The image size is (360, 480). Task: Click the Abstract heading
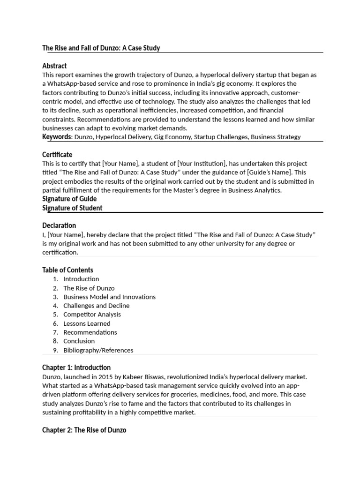point(54,66)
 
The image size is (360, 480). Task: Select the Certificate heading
point(57,155)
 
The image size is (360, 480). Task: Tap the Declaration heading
point(59,225)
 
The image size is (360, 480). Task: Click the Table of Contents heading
point(67,270)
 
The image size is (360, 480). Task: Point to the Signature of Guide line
point(69,199)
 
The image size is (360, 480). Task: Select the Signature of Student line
point(72,208)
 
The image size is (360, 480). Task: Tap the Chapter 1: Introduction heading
point(76,367)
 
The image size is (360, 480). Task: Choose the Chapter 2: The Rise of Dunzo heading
point(84,430)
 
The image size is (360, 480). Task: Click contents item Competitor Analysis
point(92,315)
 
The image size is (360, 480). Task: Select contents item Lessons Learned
point(87,323)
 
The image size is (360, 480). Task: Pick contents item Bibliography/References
point(98,350)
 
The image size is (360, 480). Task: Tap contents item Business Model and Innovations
point(109,297)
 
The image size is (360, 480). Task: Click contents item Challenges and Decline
point(96,306)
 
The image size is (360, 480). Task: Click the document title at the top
point(101,48)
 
